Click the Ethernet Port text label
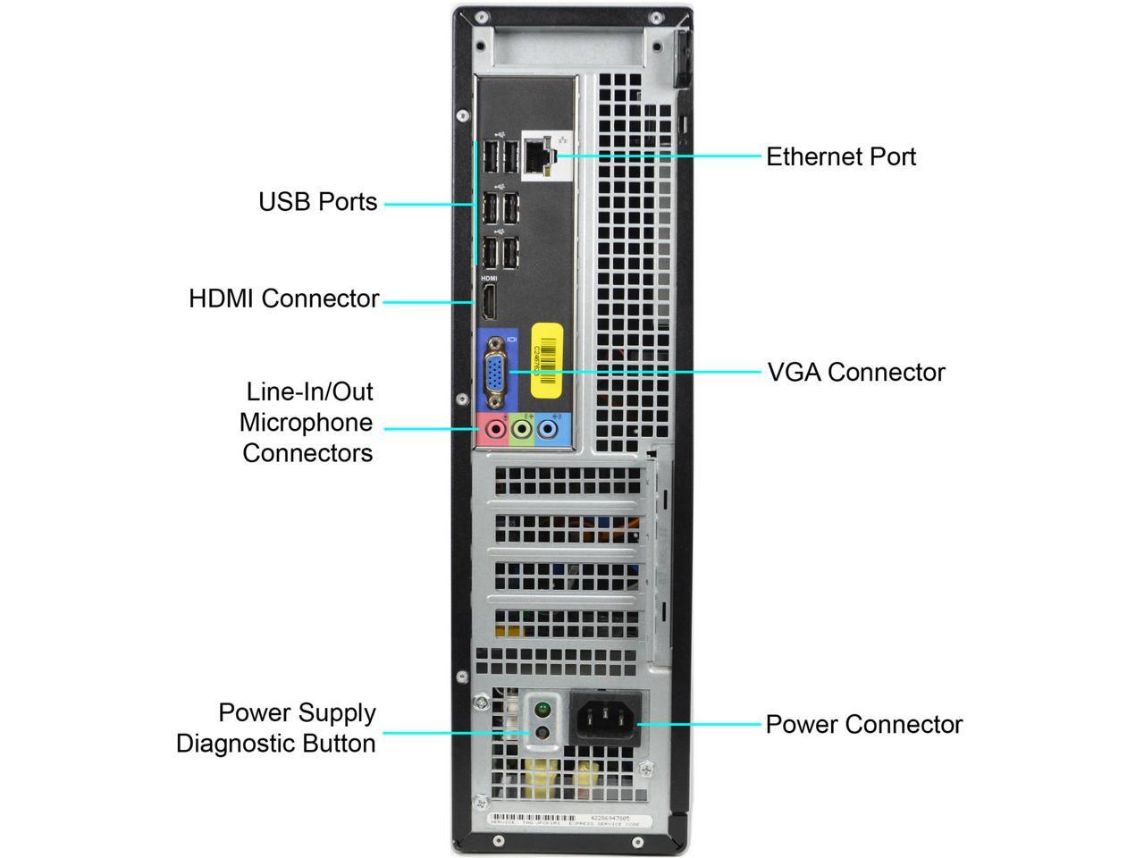tap(841, 157)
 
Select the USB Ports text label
tap(318, 202)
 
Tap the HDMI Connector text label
tap(283, 299)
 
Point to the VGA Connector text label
tap(855, 372)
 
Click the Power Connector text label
tap(863, 724)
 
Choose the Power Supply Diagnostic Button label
tap(276, 728)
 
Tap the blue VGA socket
tap(496, 372)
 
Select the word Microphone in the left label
tap(307, 422)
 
